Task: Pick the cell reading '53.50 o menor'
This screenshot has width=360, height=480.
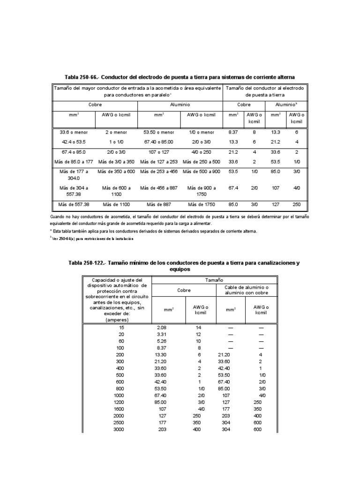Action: (x=158, y=133)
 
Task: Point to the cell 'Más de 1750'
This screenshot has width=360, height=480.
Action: (x=202, y=204)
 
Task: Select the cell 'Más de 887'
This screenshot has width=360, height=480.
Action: (x=158, y=204)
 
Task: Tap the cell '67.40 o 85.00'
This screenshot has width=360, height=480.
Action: (x=158, y=142)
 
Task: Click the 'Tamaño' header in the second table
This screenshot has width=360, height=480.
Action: (x=214, y=279)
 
